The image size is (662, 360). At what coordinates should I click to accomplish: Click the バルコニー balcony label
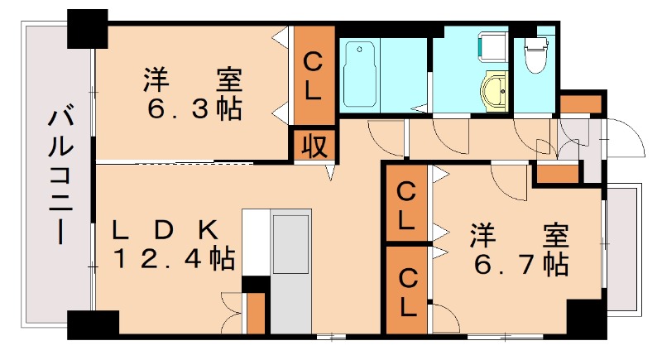click(58, 175)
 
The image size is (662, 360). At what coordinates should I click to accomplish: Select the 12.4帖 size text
click(173, 259)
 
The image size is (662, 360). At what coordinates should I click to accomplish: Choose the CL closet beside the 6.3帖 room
click(313, 75)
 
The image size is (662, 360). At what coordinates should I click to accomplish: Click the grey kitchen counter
click(291, 273)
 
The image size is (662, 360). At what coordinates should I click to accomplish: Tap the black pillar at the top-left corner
click(88, 29)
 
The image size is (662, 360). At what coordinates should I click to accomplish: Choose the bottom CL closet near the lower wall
click(406, 290)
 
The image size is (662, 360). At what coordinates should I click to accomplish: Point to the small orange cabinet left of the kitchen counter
click(256, 311)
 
